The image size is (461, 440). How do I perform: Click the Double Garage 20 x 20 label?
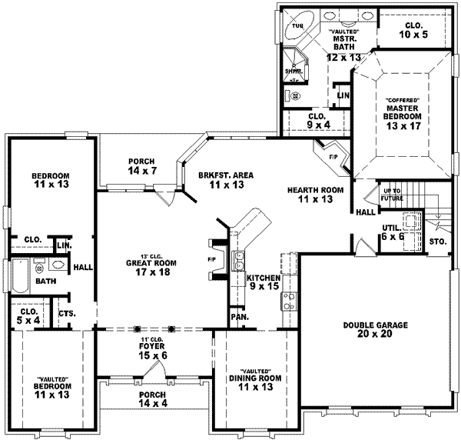coord(376,330)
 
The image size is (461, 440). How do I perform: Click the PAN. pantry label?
coord(238,317)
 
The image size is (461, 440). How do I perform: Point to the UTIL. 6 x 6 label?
coord(393,232)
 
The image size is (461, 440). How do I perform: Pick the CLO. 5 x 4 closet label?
coord(27,315)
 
